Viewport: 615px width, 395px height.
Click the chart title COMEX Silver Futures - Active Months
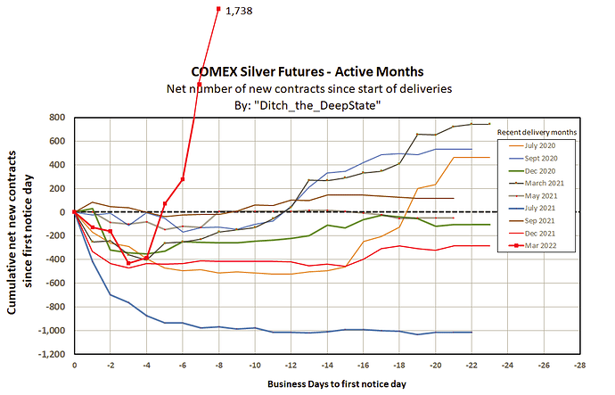tap(307, 70)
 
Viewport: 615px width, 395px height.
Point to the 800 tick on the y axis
tap(58, 118)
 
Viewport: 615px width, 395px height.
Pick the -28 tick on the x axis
tap(580, 366)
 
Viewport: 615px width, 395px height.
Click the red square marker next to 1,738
tap(219, 9)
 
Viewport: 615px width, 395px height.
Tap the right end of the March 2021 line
tap(489, 124)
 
